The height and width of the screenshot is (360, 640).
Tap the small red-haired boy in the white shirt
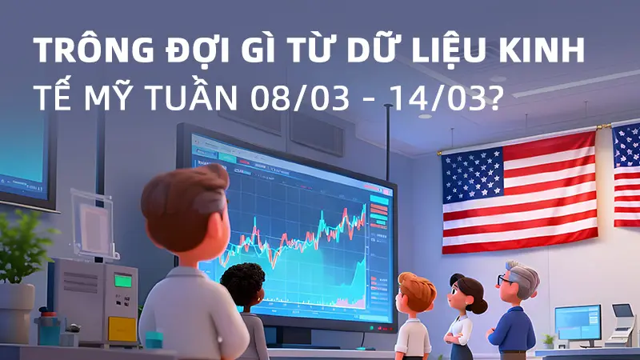coord(415,312)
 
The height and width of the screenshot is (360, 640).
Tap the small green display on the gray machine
coord(122,280)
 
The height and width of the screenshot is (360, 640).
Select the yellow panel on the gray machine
coord(122,326)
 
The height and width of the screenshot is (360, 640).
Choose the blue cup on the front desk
coord(153,339)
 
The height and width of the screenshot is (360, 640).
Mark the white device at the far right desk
coord(622,324)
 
